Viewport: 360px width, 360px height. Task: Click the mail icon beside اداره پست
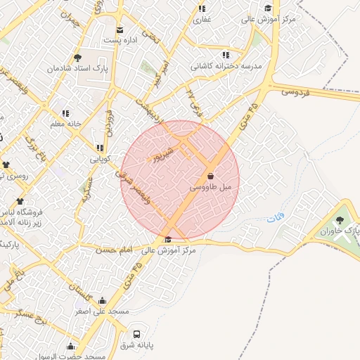click(x=120, y=30)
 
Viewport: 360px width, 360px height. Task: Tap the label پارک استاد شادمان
click(x=76, y=70)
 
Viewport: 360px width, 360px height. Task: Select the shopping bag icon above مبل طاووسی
click(x=210, y=176)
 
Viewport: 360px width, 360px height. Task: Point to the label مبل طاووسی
click(x=210, y=188)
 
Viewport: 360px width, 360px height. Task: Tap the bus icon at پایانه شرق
click(x=136, y=334)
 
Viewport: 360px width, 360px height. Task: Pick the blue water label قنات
click(x=272, y=220)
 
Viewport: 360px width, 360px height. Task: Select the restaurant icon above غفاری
click(x=202, y=9)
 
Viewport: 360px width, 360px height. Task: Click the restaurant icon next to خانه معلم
click(x=65, y=112)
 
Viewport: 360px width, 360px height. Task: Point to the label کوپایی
click(x=99, y=159)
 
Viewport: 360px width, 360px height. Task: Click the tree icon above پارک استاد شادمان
click(x=77, y=58)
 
